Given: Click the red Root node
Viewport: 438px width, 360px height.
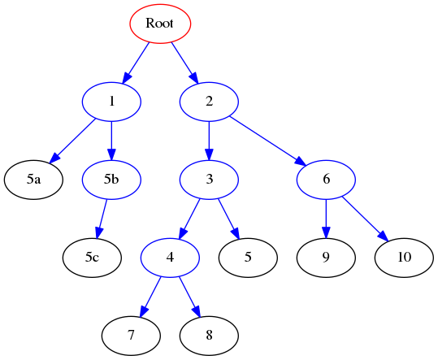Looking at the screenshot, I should point(160,24).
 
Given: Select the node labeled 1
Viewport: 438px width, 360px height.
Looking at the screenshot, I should point(111,102).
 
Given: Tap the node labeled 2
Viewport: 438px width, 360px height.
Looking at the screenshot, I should point(209,102).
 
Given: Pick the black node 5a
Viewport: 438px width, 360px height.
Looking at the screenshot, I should point(33,180).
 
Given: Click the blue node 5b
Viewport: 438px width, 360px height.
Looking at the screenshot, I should point(111,180).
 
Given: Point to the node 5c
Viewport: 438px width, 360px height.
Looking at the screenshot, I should point(92,258).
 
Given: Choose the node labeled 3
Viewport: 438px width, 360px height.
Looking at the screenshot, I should point(209,180).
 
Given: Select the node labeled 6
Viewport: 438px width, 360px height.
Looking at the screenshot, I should point(326,180).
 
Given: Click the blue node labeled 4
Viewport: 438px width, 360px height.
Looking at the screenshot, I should point(170,258).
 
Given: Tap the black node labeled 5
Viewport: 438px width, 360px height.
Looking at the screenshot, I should point(248,258).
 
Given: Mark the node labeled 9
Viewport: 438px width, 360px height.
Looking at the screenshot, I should point(326,258).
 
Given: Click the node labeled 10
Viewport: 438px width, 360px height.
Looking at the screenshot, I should point(404,258).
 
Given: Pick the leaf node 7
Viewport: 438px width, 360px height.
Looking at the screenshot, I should point(131,336).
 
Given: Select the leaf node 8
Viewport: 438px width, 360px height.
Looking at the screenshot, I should point(209,336).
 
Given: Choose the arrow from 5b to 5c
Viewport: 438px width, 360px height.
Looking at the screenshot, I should point(102,219).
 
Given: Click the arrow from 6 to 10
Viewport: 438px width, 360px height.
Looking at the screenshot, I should point(364,219).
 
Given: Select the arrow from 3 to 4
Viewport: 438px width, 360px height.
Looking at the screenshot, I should point(190,219).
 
